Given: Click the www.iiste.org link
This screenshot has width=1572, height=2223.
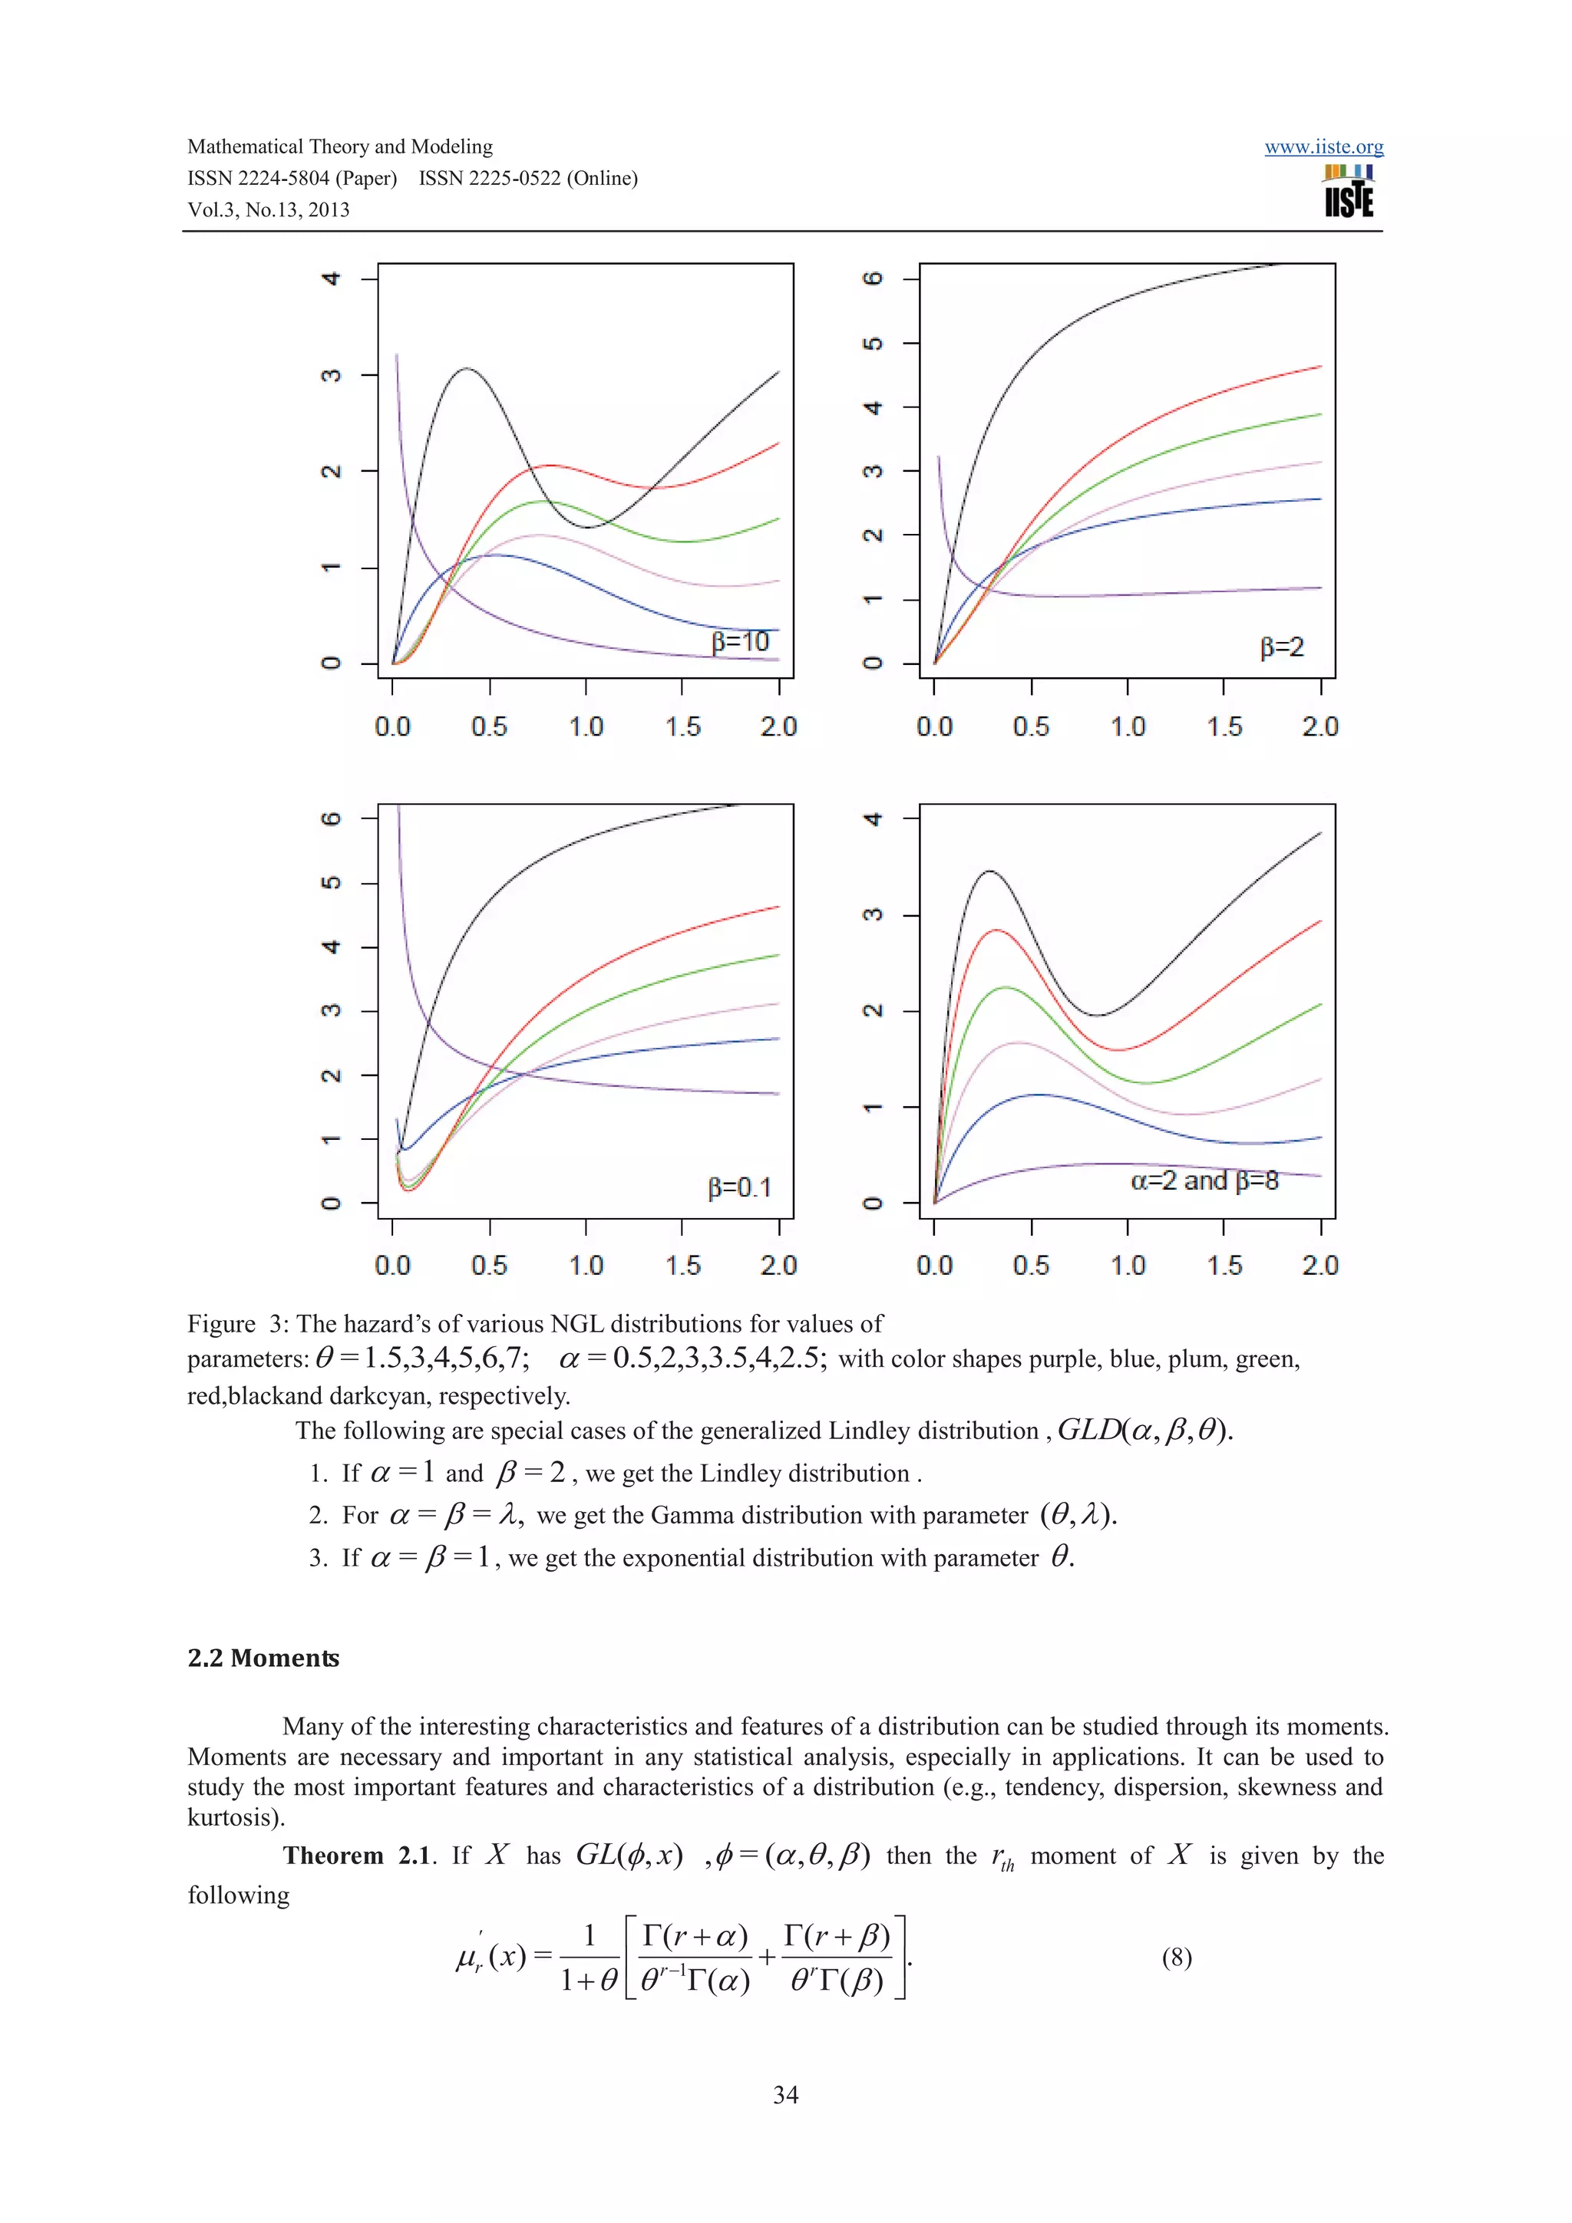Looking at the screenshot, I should pyautogui.click(x=1323, y=147).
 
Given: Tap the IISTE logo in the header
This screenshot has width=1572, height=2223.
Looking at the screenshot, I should pyautogui.click(x=1349, y=192).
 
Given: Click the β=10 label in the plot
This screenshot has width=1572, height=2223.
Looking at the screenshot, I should pyautogui.click(x=740, y=642).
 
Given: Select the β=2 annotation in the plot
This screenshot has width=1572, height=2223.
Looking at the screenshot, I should pyautogui.click(x=1281, y=647).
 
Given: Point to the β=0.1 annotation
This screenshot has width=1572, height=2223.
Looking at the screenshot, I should pyautogui.click(x=740, y=1187).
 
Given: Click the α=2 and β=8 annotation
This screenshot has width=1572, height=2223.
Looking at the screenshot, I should pyautogui.click(x=1204, y=1181).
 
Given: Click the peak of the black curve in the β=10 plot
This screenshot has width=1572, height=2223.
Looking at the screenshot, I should pyautogui.click(x=467, y=369).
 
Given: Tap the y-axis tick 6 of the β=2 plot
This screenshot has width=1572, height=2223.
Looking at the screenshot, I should pyautogui.click(x=874, y=279).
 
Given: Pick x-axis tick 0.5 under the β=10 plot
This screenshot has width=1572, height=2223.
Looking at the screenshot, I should pyautogui.click(x=489, y=726).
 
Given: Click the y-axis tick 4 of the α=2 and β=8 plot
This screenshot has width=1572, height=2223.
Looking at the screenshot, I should pyautogui.click(x=874, y=819).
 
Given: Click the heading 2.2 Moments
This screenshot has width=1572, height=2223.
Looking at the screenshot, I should pyautogui.click(x=263, y=1658).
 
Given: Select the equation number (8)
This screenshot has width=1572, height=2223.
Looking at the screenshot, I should pyautogui.click(x=1176, y=1958).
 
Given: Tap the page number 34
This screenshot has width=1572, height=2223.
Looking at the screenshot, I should pyautogui.click(x=785, y=2095).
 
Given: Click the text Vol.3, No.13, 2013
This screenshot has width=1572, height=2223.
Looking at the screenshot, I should pyautogui.click(x=269, y=210).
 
